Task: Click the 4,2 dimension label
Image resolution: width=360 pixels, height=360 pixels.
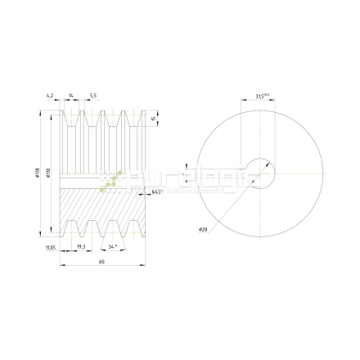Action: click(50, 96)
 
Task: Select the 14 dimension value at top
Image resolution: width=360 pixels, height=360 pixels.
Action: click(72, 96)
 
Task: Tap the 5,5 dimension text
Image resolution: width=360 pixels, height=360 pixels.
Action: click(93, 96)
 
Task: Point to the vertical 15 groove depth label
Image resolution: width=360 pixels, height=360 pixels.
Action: click(154, 119)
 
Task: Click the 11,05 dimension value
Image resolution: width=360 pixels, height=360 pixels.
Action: click(50, 245)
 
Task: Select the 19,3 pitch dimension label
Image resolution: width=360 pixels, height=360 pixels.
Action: click(81, 245)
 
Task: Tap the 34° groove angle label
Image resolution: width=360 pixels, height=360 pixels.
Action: click(115, 245)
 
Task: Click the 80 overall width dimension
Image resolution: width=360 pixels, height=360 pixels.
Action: click(101, 262)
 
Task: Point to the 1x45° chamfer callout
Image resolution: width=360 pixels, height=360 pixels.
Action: click(158, 193)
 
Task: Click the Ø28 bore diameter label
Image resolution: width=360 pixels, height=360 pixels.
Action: click(203, 230)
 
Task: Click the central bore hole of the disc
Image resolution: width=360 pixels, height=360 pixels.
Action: click(260, 172)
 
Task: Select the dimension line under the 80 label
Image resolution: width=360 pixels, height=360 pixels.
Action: click(101, 266)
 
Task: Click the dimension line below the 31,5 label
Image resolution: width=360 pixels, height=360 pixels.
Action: click(260, 101)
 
